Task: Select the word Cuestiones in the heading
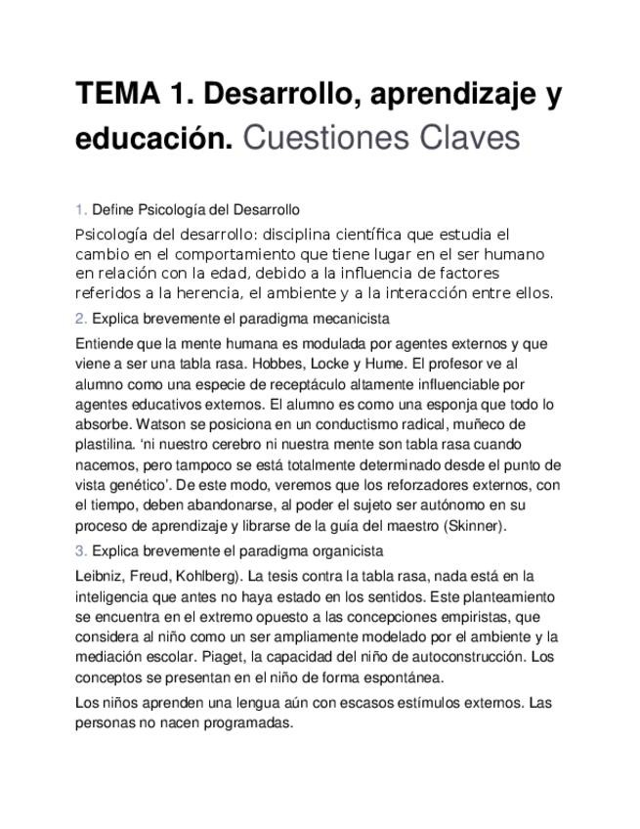tap(312, 138)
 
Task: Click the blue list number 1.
tap(80, 209)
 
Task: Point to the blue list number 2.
tap(80, 318)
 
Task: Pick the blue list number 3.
tap(80, 550)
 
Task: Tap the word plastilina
tap(104, 445)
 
